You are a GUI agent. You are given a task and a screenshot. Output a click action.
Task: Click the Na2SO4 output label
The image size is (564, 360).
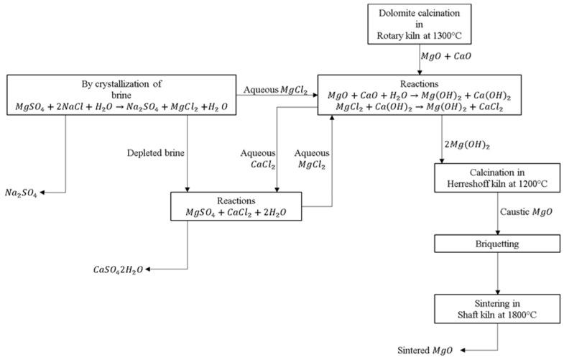point(21,193)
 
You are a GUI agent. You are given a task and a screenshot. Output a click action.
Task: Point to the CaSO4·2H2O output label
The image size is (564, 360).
point(118,269)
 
